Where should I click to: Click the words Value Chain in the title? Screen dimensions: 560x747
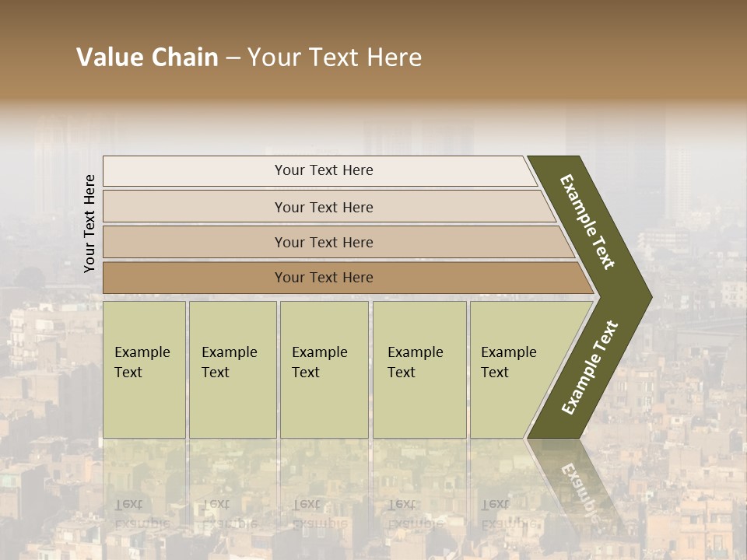coord(147,58)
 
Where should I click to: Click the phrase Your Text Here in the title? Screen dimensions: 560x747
coord(335,58)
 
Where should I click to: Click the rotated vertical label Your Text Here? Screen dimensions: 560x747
coord(89,223)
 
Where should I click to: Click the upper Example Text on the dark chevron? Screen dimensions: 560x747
coord(587,222)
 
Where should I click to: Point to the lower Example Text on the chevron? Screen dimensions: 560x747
coord(590,367)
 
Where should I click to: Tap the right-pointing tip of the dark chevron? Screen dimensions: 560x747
coord(647,296)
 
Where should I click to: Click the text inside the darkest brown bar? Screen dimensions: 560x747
coord(324,278)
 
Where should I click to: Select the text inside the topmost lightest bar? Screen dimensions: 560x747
coord(324,170)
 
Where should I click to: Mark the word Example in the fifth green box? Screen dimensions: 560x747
coord(508,352)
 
